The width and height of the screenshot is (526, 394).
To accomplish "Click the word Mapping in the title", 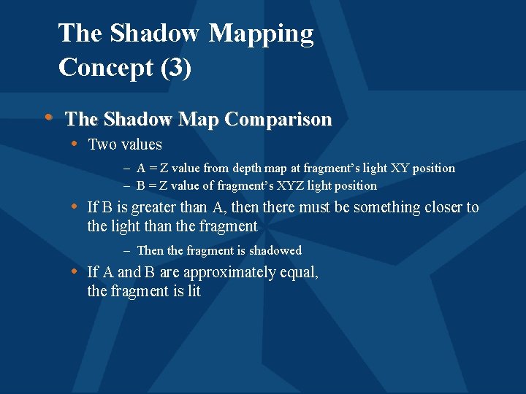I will pyautogui.click(x=261, y=34).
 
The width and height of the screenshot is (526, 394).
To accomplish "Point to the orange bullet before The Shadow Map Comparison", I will pyautogui.click(x=48, y=117).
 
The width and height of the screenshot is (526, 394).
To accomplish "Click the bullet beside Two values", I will pyautogui.click(x=75, y=144).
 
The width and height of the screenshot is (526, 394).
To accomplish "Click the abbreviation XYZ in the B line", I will pyautogui.click(x=314, y=186).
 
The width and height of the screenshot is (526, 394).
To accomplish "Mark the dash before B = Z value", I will pyautogui.click(x=127, y=186).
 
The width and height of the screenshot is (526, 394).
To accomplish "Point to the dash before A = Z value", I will pyautogui.click(x=127, y=169).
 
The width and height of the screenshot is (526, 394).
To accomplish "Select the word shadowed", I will pyautogui.click(x=275, y=250).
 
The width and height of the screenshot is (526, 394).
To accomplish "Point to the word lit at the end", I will pyautogui.click(x=192, y=291).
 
